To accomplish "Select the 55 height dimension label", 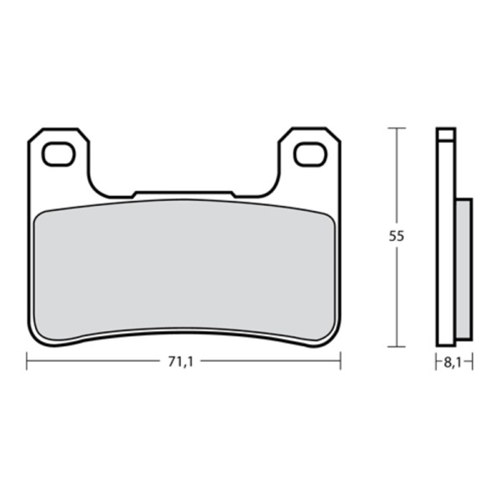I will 397,237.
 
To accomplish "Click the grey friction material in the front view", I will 183,272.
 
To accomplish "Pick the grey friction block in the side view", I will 463,268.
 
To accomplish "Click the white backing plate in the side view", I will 446,251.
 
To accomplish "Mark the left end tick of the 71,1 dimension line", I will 27,361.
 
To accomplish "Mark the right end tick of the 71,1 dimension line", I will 341,361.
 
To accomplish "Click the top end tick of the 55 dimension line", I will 397,128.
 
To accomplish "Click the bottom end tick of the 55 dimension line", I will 397,346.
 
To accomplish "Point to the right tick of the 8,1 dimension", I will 473,361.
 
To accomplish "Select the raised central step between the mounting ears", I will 183,194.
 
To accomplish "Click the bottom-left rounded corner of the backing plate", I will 35,336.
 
